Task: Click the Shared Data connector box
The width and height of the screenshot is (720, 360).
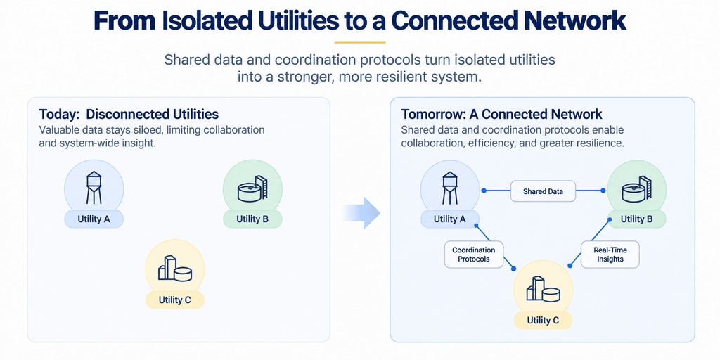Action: pyautogui.click(x=544, y=191)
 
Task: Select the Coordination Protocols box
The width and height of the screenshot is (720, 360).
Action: pyautogui.click(x=474, y=255)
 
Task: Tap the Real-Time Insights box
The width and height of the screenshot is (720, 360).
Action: pyautogui.click(x=610, y=255)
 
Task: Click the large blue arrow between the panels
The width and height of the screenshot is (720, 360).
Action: pyautogui.click(x=362, y=213)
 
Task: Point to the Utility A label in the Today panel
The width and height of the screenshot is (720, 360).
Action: pyautogui.click(x=94, y=219)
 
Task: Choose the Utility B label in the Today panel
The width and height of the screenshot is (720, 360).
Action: pyautogui.click(x=252, y=219)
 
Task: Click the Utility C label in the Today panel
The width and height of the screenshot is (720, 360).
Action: pyautogui.click(x=174, y=300)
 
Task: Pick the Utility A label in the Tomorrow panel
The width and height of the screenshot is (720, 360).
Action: pyautogui.click(x=450, y=219)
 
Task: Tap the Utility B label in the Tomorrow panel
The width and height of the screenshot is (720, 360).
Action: pyautogui.click(x=636, y=219)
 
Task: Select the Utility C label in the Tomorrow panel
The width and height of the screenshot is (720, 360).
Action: pyautogui.click(x=544, y=320)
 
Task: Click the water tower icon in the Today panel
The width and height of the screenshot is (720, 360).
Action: pyautogui.click(x=94, y=187)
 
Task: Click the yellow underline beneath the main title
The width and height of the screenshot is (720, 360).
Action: pyautogui.click(x=360, y=42)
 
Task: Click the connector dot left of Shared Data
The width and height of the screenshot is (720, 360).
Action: pyautogui.click(x=483, y=190)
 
